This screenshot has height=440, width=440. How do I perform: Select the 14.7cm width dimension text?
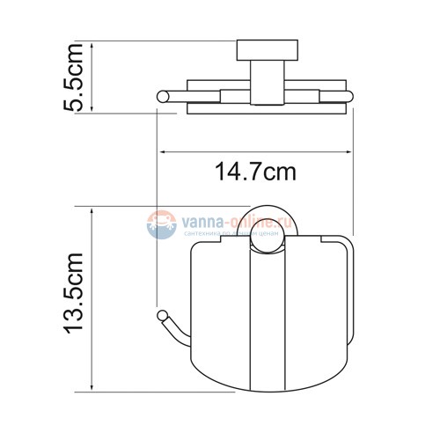point(254,173)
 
